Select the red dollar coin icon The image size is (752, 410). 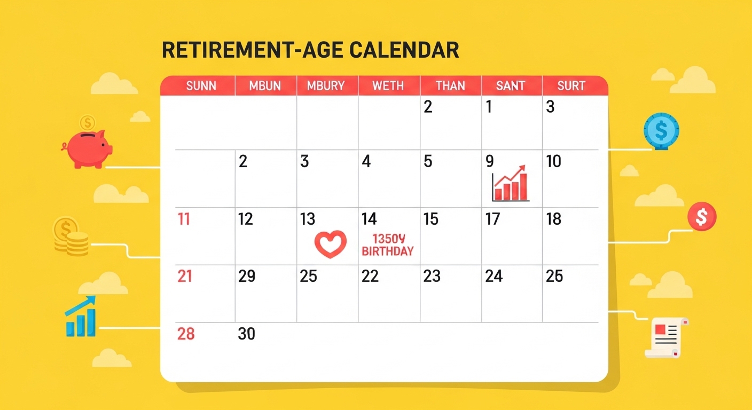(x=702, y=216)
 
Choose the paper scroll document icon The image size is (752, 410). (x=667, y=337)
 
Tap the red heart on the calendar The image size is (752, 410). (x=331, y=244)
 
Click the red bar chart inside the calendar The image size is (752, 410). (x=510, y=183)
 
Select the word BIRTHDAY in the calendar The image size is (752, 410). (x=388, y=251)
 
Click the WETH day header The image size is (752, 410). (x=388, y=86)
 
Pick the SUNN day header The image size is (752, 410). (x=201, y=86)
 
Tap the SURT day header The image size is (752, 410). (x=571, y=86)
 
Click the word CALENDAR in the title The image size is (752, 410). (x=404, y=50)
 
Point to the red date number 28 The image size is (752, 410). (x=186, y=334)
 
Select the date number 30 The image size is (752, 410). (x=247, y=334)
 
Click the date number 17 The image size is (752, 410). (x=493, y=219)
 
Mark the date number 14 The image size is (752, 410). (x=369, y=219)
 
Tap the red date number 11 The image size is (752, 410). (x=184, y=219)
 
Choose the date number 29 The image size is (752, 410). (x=247, y=276)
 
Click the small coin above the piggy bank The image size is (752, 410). (x=88, y=123)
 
